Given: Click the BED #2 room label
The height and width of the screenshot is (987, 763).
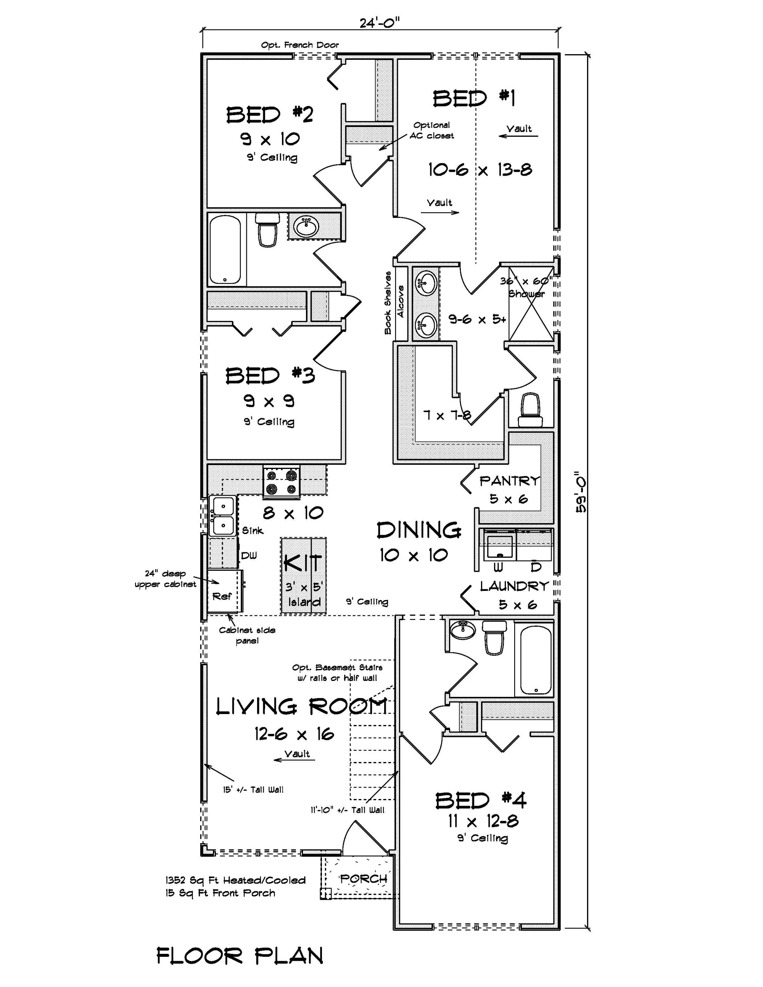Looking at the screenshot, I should click(x=270, y=115).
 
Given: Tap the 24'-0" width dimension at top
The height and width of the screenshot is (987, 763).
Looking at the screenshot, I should click(x=380, y=22).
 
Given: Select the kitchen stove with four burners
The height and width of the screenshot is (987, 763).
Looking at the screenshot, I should click(x=281, y=482).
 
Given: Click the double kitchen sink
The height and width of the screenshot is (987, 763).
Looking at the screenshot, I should click(x=222, y=516).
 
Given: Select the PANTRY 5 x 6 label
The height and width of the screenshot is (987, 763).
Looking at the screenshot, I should click(x=509, y=489).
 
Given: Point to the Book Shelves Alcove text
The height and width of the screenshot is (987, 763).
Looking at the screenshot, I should click(x=394, y=302).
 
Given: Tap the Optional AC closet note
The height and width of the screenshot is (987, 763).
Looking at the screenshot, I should click(x=431, y=130).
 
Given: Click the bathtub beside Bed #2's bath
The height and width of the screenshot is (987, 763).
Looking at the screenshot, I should click(x=225, y=249).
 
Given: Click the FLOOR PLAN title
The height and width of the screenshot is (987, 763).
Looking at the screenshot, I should click(x=240, y=956).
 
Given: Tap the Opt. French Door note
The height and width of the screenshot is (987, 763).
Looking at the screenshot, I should click(x=299, y=45).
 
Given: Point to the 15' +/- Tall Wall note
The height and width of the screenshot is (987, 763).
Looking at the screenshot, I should click(x=253, y=790).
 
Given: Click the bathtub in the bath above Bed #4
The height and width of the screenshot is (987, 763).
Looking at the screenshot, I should click(x=536, y=660).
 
